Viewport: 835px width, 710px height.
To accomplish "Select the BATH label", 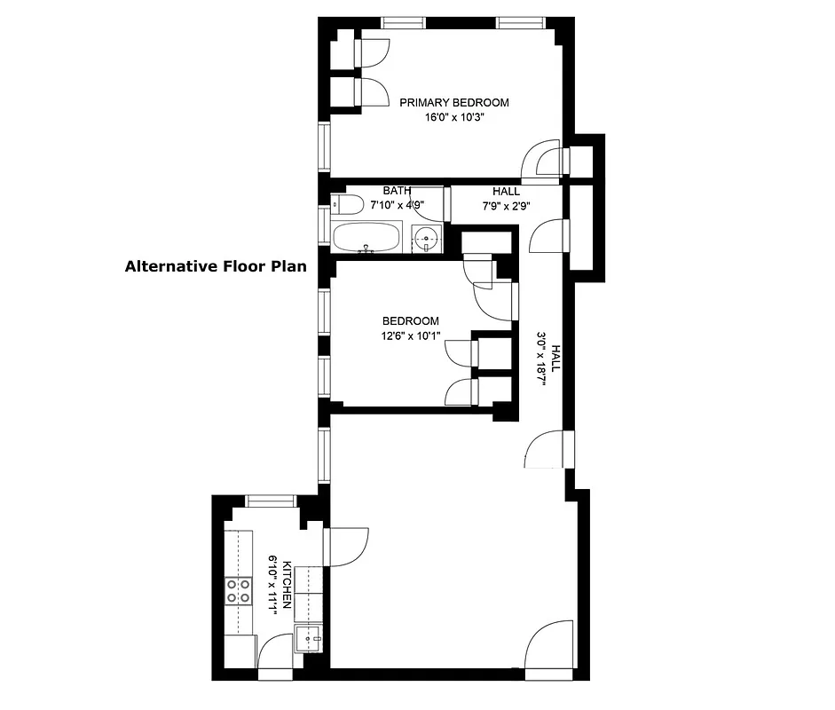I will pos(397,191).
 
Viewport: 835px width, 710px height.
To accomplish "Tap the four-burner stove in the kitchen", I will pos(238,590).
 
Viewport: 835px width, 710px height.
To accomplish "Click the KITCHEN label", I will pos(287,586).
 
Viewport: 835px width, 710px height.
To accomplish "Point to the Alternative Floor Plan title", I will pos(216,265).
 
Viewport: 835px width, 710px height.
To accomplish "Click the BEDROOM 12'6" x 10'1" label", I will pos(410,327).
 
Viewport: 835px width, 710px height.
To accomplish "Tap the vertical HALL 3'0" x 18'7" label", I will pos(548,362).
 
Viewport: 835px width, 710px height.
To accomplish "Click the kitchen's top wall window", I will pos(271,501).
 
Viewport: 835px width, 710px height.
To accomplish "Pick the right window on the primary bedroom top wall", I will pos(520,22).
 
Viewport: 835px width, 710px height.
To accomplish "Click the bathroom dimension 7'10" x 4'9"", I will pos(397,205).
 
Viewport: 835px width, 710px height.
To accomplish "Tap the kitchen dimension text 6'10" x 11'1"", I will pos(273,586).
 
